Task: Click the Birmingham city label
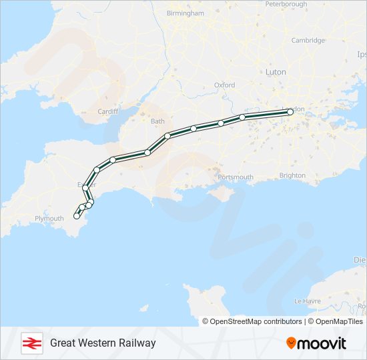point(185,13)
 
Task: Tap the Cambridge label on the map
point(308,40)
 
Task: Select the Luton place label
point(275,71)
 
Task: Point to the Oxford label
point(224,85)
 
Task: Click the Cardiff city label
point(107,111)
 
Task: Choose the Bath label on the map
point(157,121)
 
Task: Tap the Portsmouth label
point(236,177)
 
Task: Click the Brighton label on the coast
point(292,175)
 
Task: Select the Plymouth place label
point(49,218)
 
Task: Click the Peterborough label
point(286,4)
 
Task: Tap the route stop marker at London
point(290,113)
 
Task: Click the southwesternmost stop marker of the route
point(77,216)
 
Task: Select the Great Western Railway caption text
point(103,343)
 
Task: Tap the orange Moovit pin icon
point(291,343)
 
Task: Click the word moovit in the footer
point(322,343)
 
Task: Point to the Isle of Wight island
point(220,194)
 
